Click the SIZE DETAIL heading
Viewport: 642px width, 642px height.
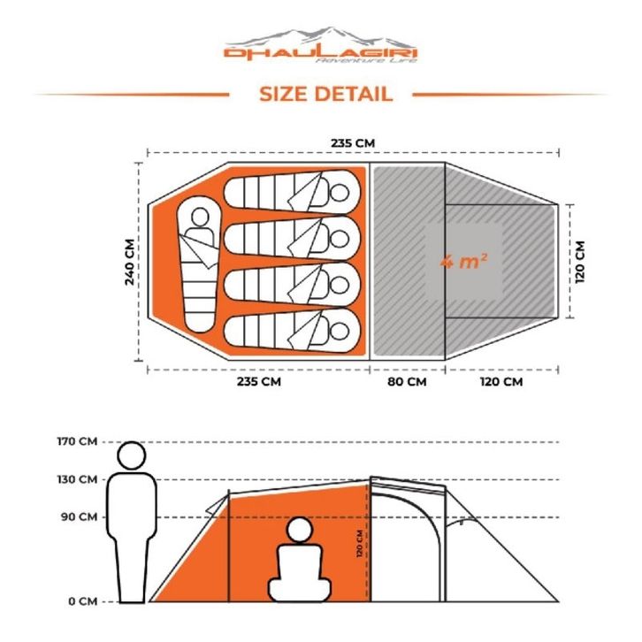(x=325, y=94)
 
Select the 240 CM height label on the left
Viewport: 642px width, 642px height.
(x=131, y=262)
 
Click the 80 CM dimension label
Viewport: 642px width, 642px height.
(x=407, y=382)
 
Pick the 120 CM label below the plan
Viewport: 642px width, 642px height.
(x=501, y=382)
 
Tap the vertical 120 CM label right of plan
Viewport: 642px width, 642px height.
(x=582, y=262)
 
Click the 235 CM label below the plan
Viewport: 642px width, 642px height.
(x=258, y=382)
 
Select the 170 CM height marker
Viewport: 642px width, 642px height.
(x=77, y=442)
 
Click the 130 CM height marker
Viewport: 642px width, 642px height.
(x=77, y=480)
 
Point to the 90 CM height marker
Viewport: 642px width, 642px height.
(x=80, y=517)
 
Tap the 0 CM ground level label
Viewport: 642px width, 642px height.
(x=82, y=601)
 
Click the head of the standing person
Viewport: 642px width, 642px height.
(x=132, y=456)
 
